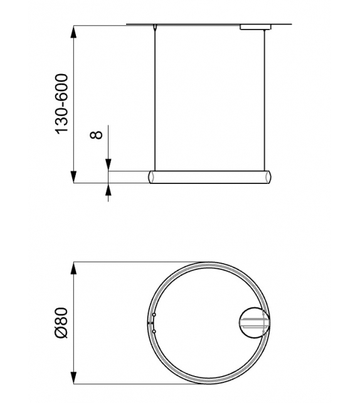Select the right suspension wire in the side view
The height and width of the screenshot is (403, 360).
click(266, 100)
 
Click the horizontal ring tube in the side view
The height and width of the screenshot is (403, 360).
click(210, 176)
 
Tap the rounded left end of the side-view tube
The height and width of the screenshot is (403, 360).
click(151, 176)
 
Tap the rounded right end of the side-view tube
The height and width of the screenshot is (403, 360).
click(270, 176)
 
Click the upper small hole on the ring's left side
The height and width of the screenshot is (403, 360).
click(154, 314)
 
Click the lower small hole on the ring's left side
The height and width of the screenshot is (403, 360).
click(154, 331)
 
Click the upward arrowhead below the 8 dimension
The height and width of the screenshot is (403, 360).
click(109, 188)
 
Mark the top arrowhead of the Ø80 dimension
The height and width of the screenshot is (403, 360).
click(75, 267)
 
